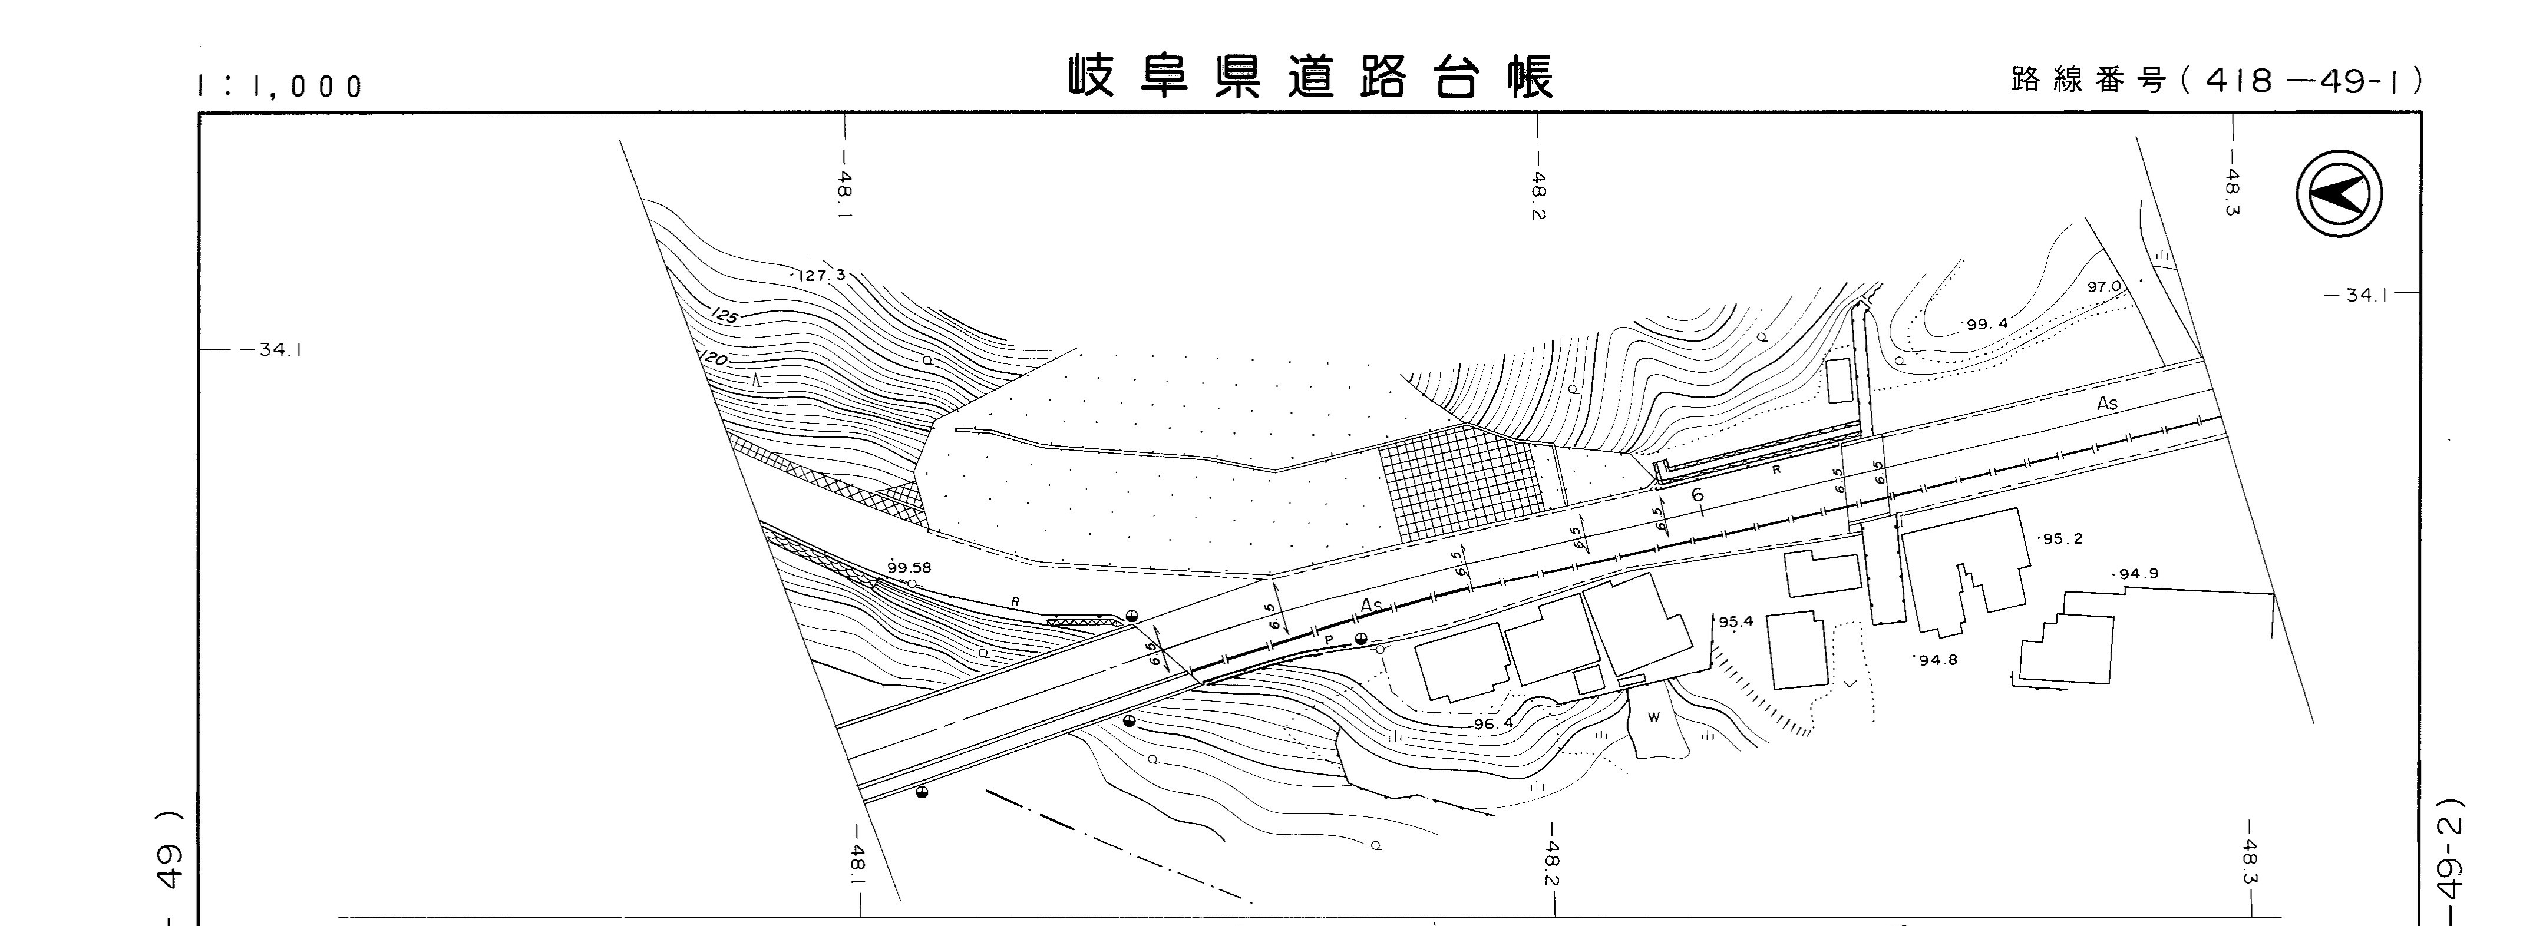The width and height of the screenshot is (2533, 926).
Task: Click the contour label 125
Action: tap(725, 316)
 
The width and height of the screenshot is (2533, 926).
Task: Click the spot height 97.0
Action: tap(2103, 287)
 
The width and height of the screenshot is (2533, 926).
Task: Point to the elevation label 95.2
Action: tap(2062, 538)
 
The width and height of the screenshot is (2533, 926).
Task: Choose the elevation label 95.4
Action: tap(1736, 621)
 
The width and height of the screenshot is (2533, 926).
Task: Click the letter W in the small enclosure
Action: tap(1654, 717)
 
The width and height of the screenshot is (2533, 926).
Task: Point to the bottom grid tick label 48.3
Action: tap(2250, 862)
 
